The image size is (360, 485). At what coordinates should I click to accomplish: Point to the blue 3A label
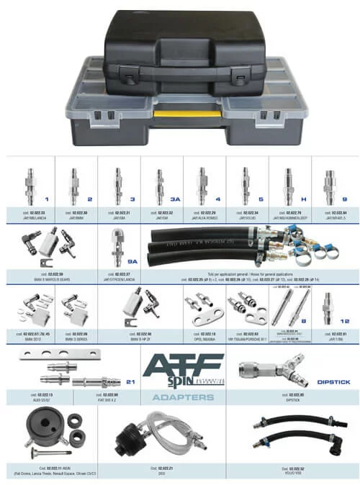177,199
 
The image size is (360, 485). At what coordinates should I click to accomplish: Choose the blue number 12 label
344,321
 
